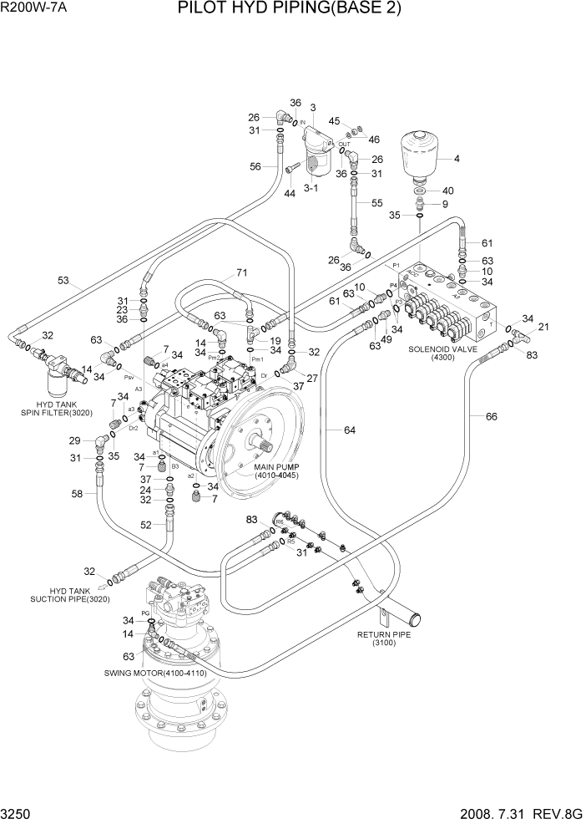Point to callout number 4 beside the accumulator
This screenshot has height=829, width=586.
click(x=456, y=159)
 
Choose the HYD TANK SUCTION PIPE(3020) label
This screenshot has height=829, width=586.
click(x=63, y=595)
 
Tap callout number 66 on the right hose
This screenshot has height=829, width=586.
click(x=491, y=416)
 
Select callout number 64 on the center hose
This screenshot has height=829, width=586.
click(x=349, y=430)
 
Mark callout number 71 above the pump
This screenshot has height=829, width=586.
click(x=242, y=272)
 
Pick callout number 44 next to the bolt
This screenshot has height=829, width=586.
click(x=290, y=193)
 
